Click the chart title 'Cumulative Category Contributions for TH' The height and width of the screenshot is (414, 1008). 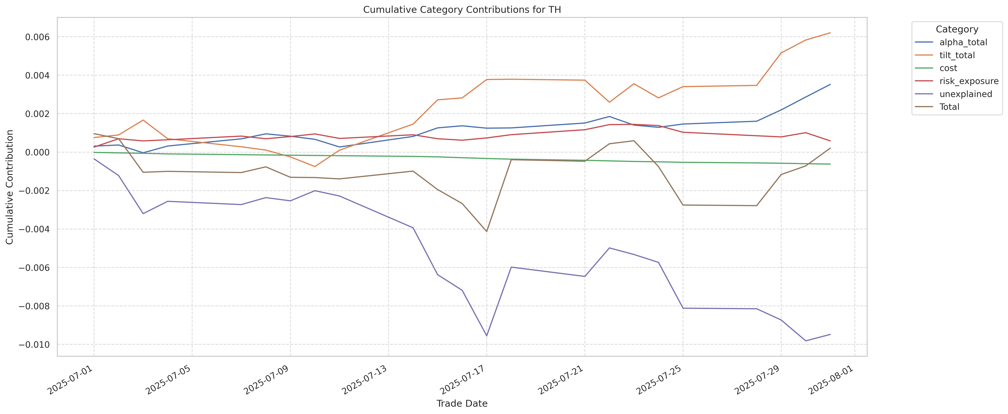(x=462, y=10)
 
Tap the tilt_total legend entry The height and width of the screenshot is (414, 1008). (x=957, y=55)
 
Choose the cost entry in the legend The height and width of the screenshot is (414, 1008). (x=948, y=68)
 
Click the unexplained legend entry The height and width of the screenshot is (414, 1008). (x=965, y=94)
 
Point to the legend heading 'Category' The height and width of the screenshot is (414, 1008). (x=957, y=29)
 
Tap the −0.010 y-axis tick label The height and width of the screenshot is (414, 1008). (x=34, y=345)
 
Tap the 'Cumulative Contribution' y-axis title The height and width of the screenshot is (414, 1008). (x=10, y=187)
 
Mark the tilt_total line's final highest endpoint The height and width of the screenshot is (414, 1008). (x=830, y=33)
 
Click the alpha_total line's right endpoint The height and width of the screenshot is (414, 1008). (x=830, y=85)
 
